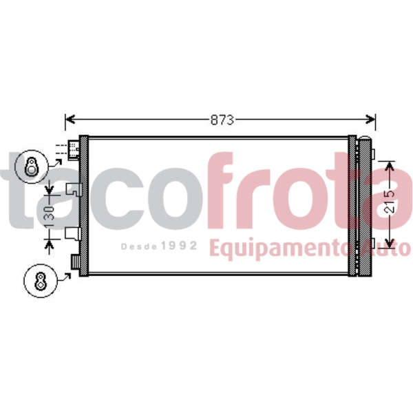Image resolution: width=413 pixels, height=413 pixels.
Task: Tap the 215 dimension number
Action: pyautogui.click(x=390, y=200)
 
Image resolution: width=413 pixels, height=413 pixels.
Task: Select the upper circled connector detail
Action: pyautogui.click(x=32, y=165)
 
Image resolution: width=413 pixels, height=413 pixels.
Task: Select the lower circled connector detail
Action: pyautogui.click(x=39, y=282)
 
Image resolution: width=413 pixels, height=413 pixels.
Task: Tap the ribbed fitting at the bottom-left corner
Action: pyautogui.click(x=75, y=262)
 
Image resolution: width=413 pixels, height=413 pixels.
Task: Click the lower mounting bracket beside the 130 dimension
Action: pyautogui.click(x=73, y=234)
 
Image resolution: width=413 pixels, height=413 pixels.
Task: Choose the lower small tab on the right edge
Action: pyautogui.click(x=372, y=242)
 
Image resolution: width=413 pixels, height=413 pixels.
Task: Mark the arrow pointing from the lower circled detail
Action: pyautogui.click(x=66, y=277)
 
